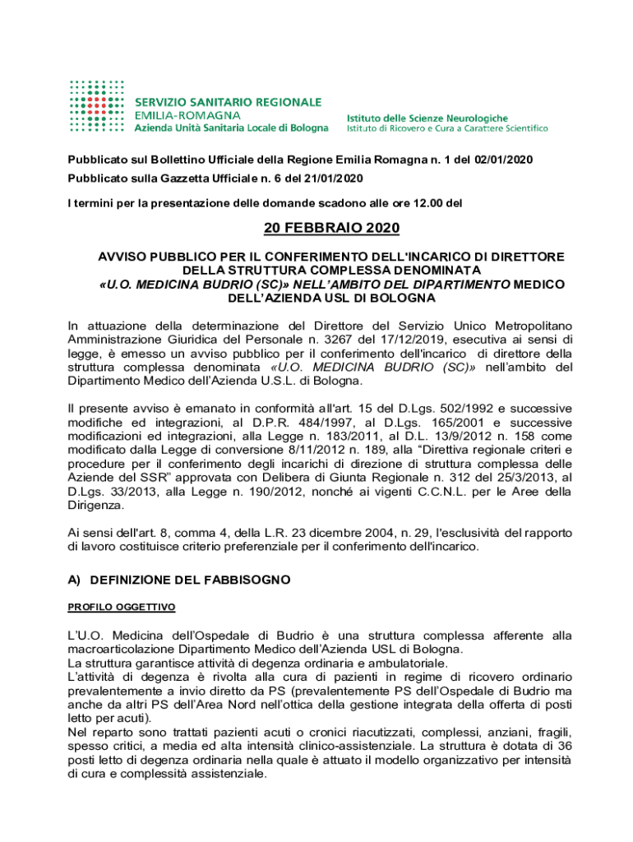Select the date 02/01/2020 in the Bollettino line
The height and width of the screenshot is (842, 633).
point(503,159)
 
